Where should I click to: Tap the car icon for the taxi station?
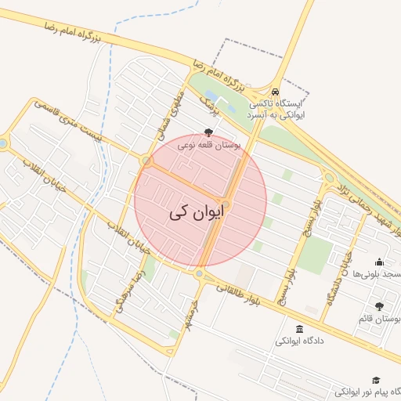point(276,90)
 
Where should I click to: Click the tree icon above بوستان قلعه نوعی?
point(208,132)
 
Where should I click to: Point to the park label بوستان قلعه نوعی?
point(208,145)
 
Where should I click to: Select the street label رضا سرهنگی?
point(130,290)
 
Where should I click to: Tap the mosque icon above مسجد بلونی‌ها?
point(380,262)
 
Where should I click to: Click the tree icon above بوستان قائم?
point(380,306)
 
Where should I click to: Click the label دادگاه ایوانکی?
point(299,342)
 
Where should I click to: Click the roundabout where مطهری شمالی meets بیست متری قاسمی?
point(146,161)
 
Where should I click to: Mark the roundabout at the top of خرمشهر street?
point(199,274)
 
